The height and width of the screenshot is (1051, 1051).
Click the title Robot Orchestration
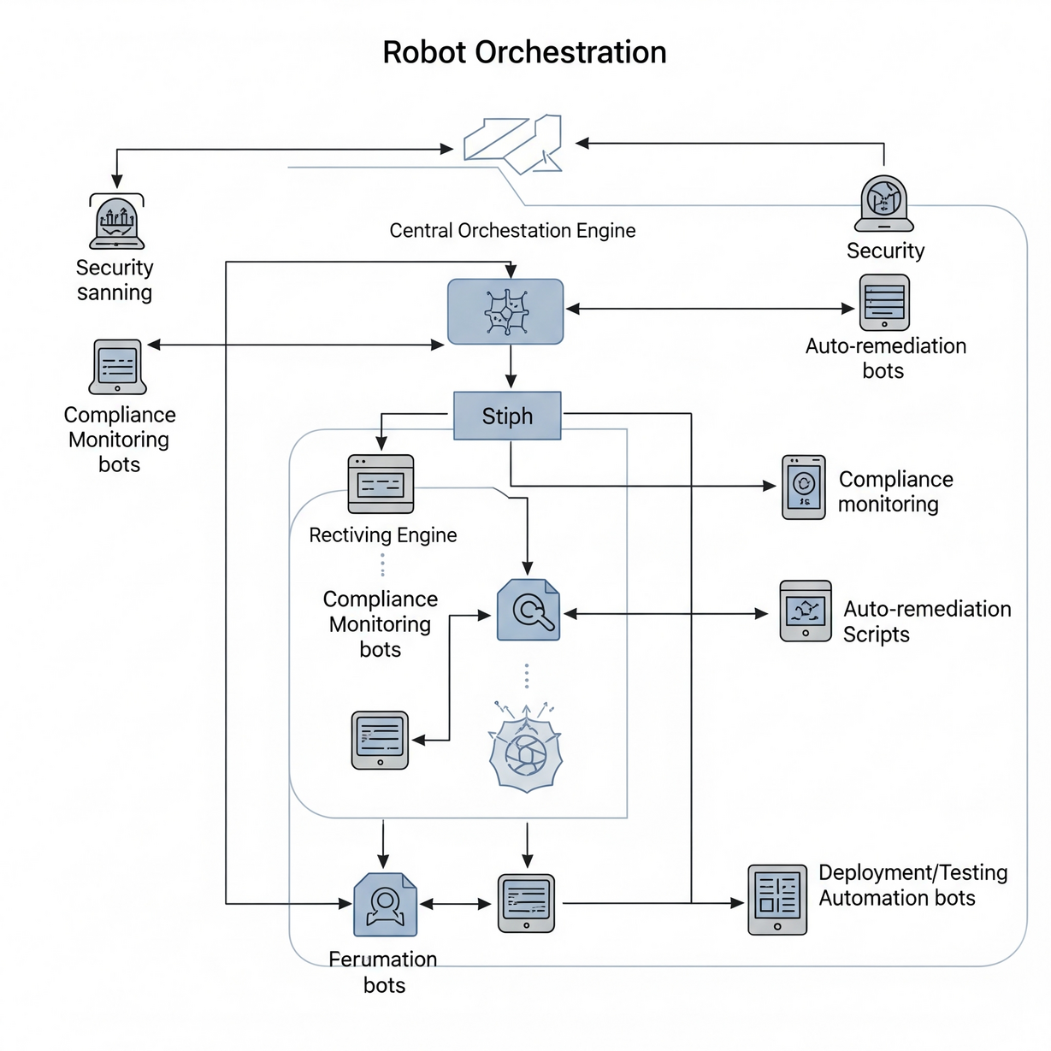(x=524, y=52)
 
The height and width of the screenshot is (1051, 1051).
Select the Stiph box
(x=507, y=416)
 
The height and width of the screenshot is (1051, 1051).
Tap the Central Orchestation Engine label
(x=512, y=231)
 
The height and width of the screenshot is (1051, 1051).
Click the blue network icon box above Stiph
(x=505, y=312)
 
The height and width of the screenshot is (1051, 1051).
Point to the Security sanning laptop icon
(x=117, y=222)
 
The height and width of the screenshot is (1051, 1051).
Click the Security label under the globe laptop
(x=885, y=251)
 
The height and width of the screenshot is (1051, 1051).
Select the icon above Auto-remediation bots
(x=884, y=302)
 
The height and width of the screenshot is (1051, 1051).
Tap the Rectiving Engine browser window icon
(x=381, y=484)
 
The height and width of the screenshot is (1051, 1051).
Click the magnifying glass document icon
(x=528, y=611)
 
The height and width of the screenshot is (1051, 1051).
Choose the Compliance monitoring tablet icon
(x=804, y=487)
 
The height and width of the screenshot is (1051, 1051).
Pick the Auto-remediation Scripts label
(x=926, y=622)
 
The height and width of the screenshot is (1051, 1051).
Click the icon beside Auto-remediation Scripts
(x=806, y=611)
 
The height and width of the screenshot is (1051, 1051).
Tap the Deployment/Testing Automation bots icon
(x=777, y=900)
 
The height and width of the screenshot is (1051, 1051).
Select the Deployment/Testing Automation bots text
(x=912, y=885)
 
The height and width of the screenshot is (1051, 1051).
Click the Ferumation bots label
(x=383, y=971)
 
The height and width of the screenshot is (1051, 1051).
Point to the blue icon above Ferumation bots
(x=385, y=905)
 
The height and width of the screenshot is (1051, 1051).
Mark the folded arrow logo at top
(x=513, y=144)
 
